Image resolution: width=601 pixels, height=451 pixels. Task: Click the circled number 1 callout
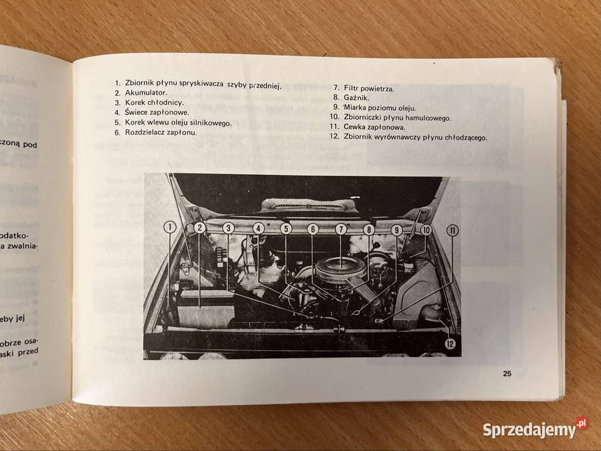(x=169, y=228)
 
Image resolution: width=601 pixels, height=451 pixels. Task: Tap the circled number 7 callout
(x=341, y=229)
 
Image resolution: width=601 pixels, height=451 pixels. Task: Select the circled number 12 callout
(x=450, y=343)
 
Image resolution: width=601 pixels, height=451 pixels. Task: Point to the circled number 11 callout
(x=452, y=230)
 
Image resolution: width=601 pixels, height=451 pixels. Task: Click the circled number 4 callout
(x=259, y=229)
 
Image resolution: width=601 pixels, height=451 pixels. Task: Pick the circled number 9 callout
(x=396, y=230)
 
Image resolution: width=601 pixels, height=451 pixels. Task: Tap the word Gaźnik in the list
(x=356, y=98)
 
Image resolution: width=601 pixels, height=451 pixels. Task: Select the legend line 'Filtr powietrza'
(x=369, y=89)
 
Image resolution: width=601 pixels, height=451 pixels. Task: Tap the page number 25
(x=506, y=375)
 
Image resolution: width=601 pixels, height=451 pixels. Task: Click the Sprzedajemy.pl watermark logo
(x=535, y=429)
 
